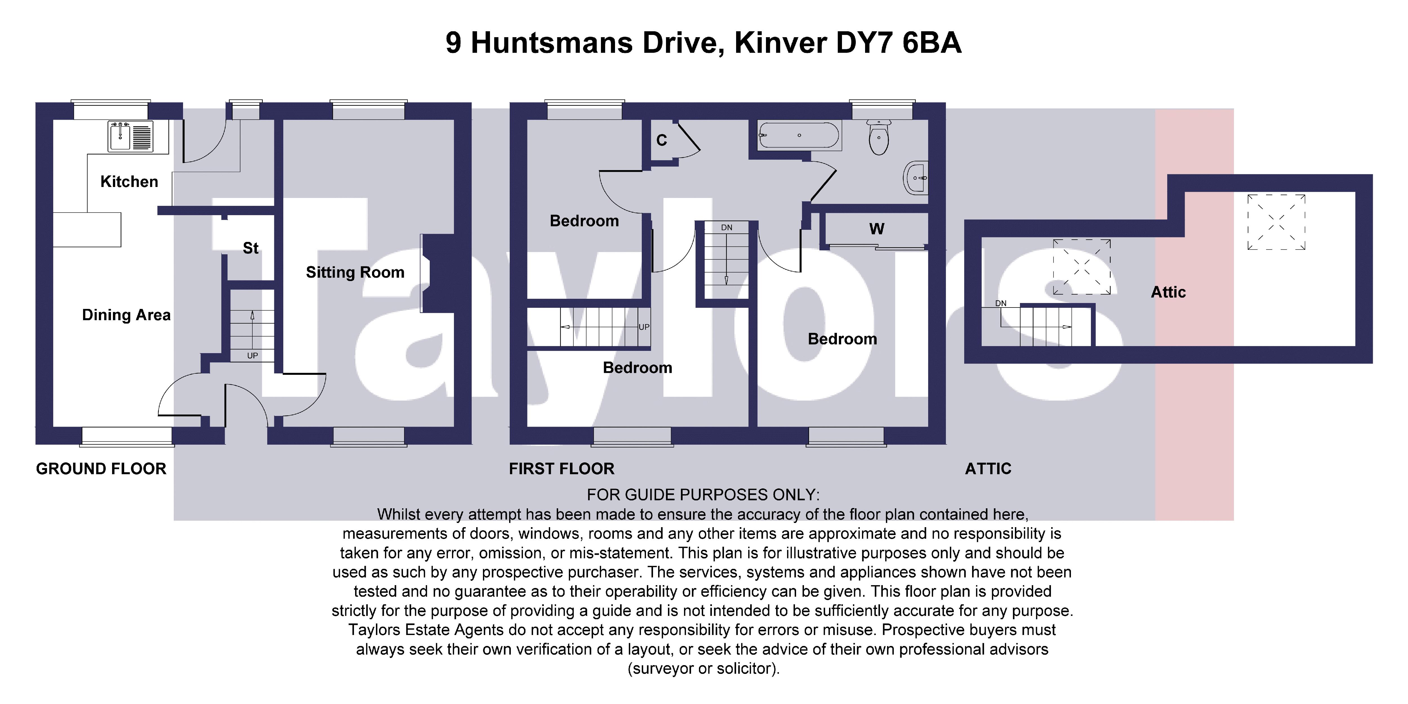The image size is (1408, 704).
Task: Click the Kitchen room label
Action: coord(129,181)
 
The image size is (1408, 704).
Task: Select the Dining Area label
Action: coord(126,315)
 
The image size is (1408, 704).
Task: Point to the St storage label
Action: coord(250,248)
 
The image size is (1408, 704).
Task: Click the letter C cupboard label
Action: coord(661,141)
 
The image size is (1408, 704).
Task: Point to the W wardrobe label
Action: coord(877,229)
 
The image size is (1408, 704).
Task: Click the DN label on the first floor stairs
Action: coord(727,227)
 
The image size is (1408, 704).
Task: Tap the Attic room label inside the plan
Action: coord(1168,292)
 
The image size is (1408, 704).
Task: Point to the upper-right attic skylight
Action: coord(1276,222)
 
